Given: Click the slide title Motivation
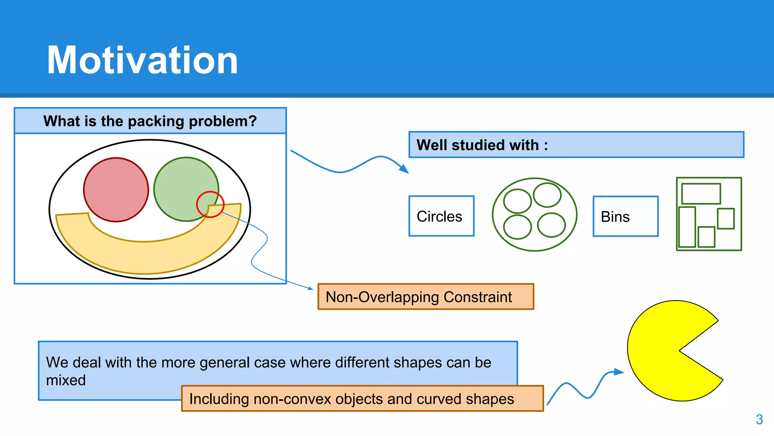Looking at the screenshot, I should [142, 61].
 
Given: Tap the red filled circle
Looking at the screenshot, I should [116, 190].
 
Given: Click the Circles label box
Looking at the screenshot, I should [441, 216].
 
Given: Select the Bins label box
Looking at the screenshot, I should [625, 216].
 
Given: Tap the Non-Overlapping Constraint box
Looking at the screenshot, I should [426, 297].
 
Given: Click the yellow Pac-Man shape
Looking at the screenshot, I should [658, 352].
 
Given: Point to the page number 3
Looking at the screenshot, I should [759, 419].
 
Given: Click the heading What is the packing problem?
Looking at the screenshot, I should [150, 121].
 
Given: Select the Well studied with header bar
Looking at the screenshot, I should [576, 145].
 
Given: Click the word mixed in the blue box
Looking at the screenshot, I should [66, 380].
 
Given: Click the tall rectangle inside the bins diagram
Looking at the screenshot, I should [687, 227].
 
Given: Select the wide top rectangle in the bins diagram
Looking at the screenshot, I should [701, 194].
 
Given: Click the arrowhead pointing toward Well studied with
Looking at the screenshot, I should [404, 169].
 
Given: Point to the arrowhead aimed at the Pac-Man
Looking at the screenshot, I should [618, 372].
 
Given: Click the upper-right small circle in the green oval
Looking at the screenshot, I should [547, 195].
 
